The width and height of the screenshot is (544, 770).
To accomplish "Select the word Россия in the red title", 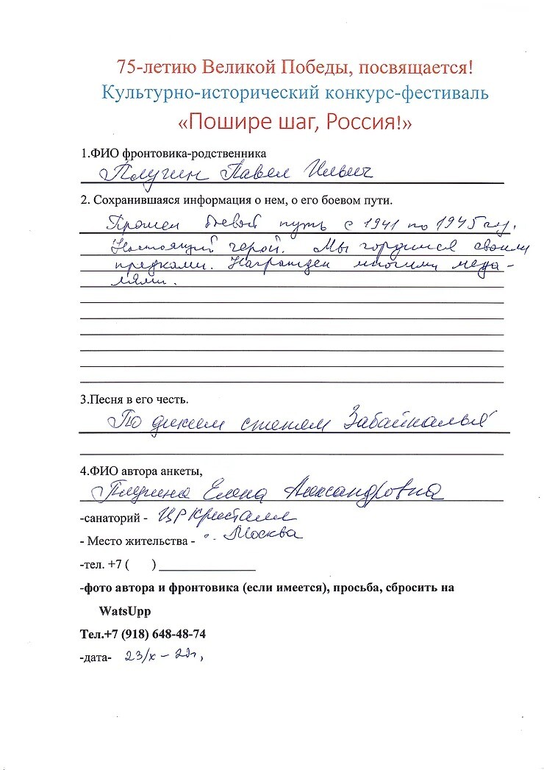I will click(363, 121).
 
